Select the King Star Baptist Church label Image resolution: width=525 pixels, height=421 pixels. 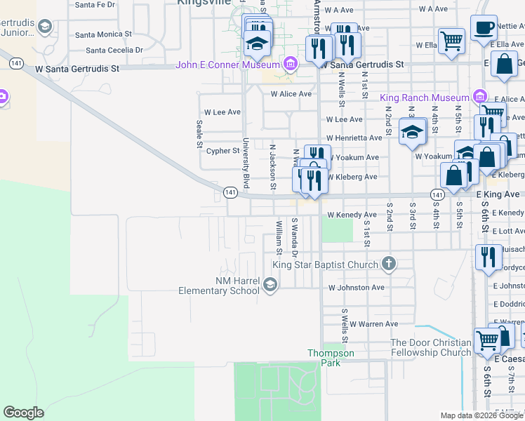325,265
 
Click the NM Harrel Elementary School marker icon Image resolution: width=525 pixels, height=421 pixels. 271,284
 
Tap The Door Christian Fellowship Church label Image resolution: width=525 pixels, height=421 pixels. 430,347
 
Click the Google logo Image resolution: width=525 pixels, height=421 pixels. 23,413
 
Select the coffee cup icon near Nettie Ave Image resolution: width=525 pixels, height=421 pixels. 484,28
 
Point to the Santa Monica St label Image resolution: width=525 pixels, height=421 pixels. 104,34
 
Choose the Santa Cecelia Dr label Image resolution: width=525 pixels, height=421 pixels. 114,51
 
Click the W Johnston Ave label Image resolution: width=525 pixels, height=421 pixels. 357,288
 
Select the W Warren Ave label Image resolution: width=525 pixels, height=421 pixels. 373,324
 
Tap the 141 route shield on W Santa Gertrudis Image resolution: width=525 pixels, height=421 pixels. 15,63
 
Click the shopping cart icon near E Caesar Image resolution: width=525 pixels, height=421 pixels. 486,341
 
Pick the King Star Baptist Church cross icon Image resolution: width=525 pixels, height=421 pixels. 389,265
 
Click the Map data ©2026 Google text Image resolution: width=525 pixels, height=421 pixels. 481,415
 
